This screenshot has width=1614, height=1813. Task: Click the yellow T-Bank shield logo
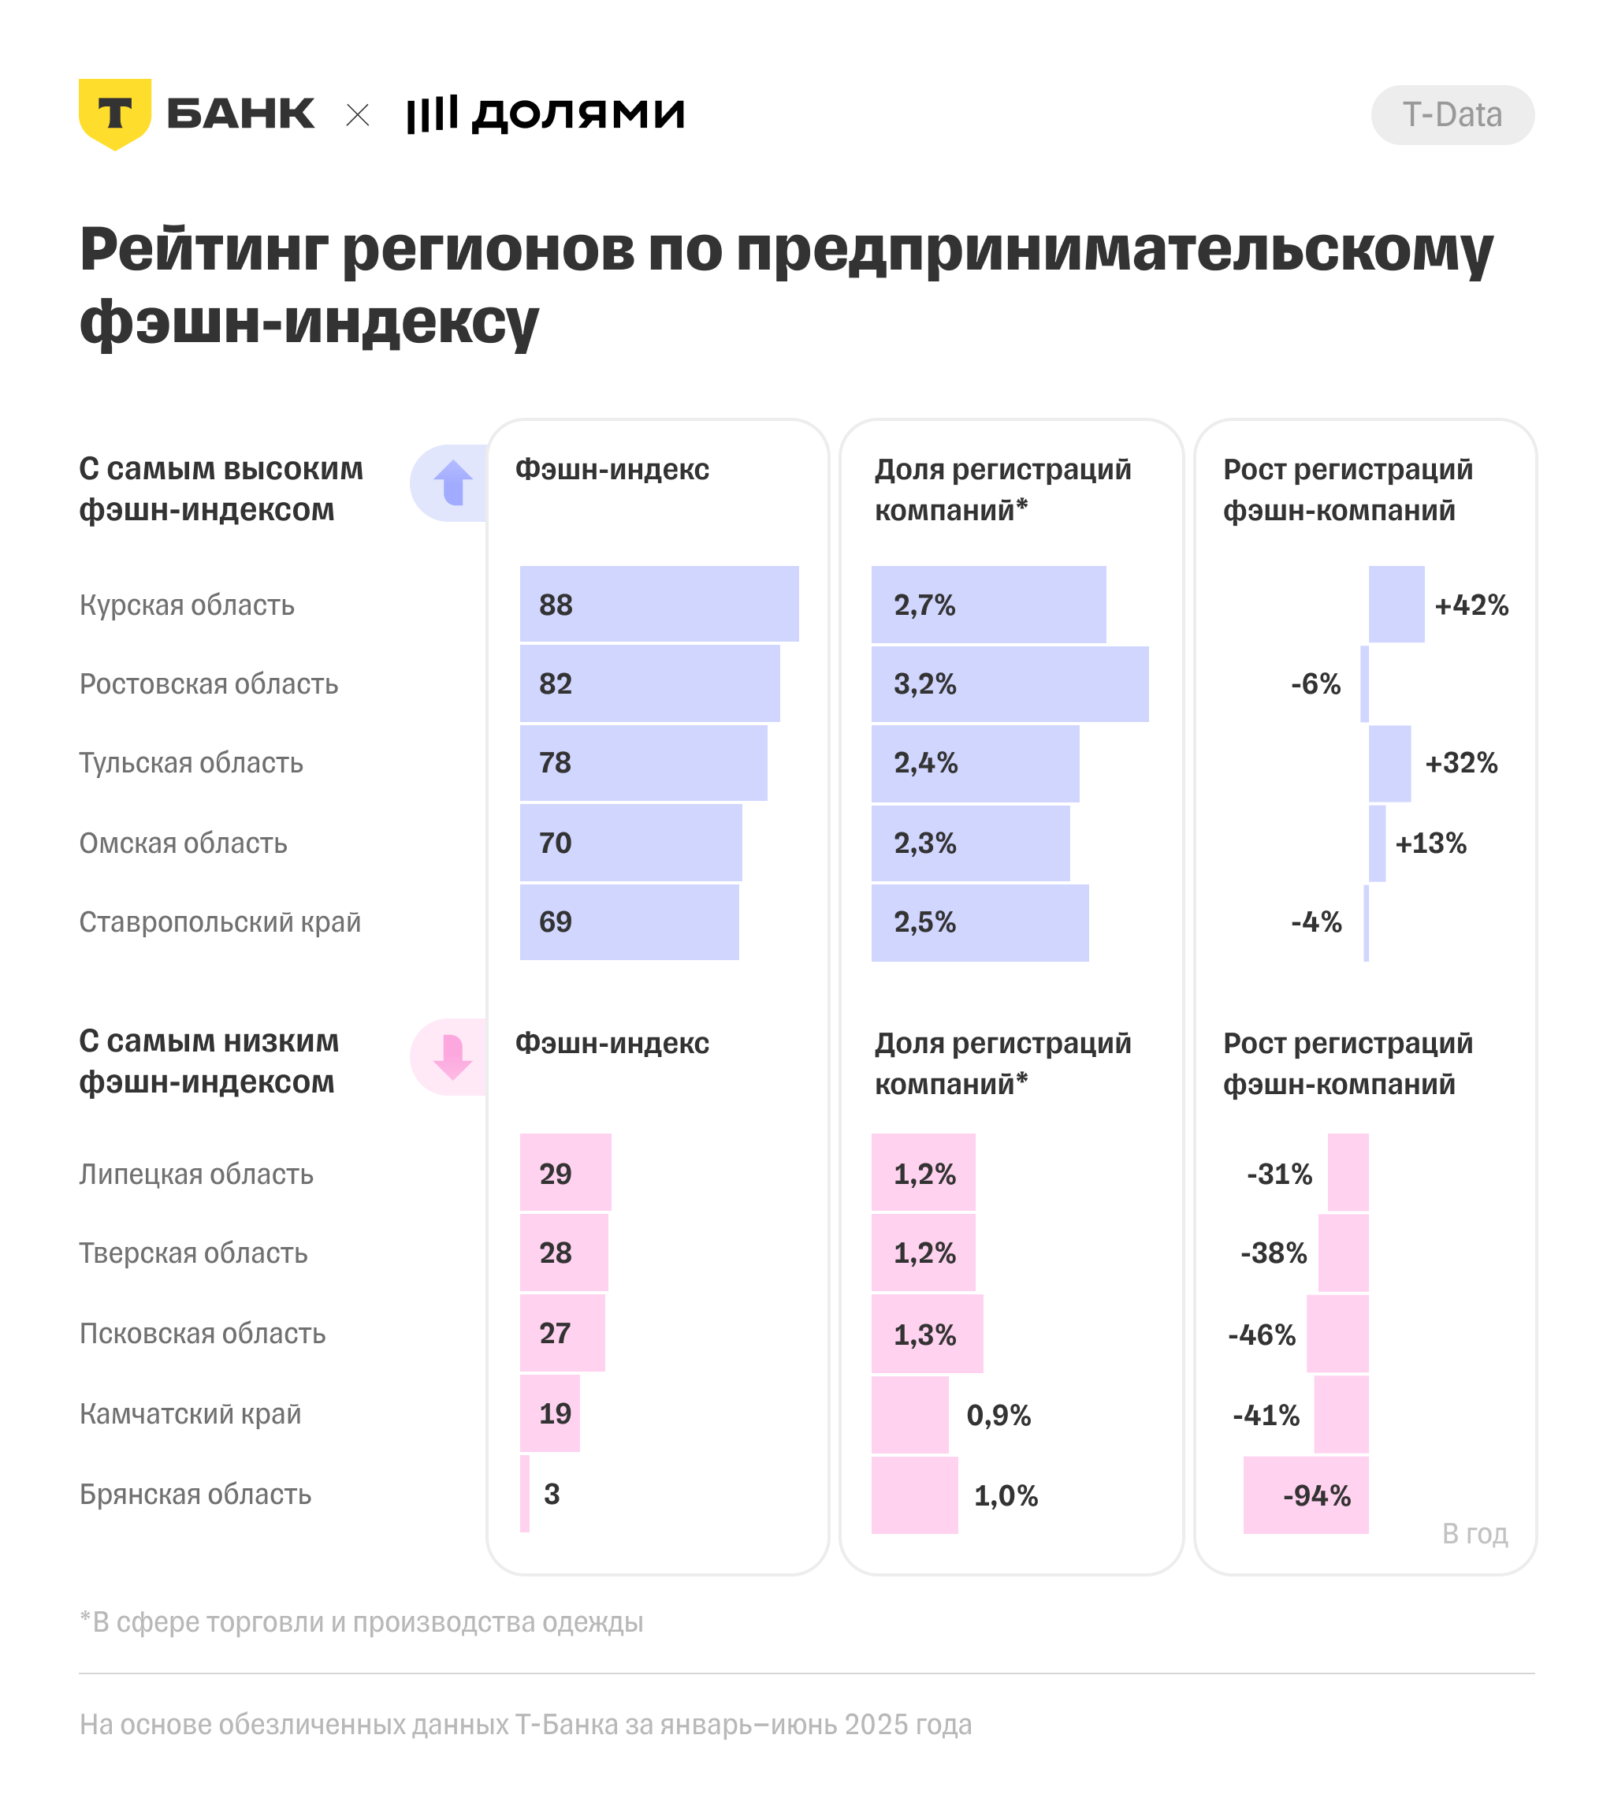coord(114,114)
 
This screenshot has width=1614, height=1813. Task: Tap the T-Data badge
coord(1452,115)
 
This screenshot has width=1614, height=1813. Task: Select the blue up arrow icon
coord(453,482)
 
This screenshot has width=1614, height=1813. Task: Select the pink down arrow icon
coord(452,1056)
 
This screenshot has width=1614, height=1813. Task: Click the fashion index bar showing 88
coord(659,604)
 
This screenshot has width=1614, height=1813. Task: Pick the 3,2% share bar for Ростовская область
coord(1010,684)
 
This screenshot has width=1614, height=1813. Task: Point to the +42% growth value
coord(1471,605)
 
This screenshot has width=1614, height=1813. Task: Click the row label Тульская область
coord(192,763)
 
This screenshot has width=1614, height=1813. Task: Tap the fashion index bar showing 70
coord(630,843)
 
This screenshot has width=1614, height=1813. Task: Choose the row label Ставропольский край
coord(220,922)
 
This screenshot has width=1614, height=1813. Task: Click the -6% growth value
coord(1315,684)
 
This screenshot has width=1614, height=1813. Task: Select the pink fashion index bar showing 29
coord(565,1173)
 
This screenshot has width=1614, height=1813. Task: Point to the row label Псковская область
coord(203,1333)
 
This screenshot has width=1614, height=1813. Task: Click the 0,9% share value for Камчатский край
coord(999,1415)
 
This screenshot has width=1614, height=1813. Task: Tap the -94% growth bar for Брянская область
coord(1305,1495)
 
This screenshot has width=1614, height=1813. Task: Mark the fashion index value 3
coord(552,1494)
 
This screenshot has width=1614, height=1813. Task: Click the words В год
coord(1474,1534)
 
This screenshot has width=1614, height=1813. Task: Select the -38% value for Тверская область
coord(1274,1253)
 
